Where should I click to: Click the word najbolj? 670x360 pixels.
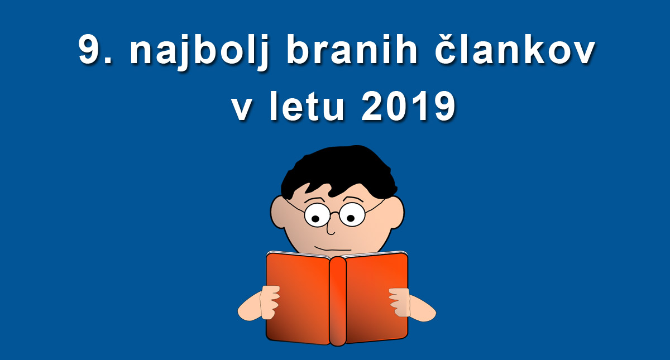tap(199, 52)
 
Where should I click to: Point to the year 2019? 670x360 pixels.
tap(408, 105)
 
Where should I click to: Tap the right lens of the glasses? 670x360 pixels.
tap(352, 214)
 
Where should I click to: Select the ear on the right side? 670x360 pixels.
tap(396, 213)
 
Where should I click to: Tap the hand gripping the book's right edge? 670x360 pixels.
tap(400, 302)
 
